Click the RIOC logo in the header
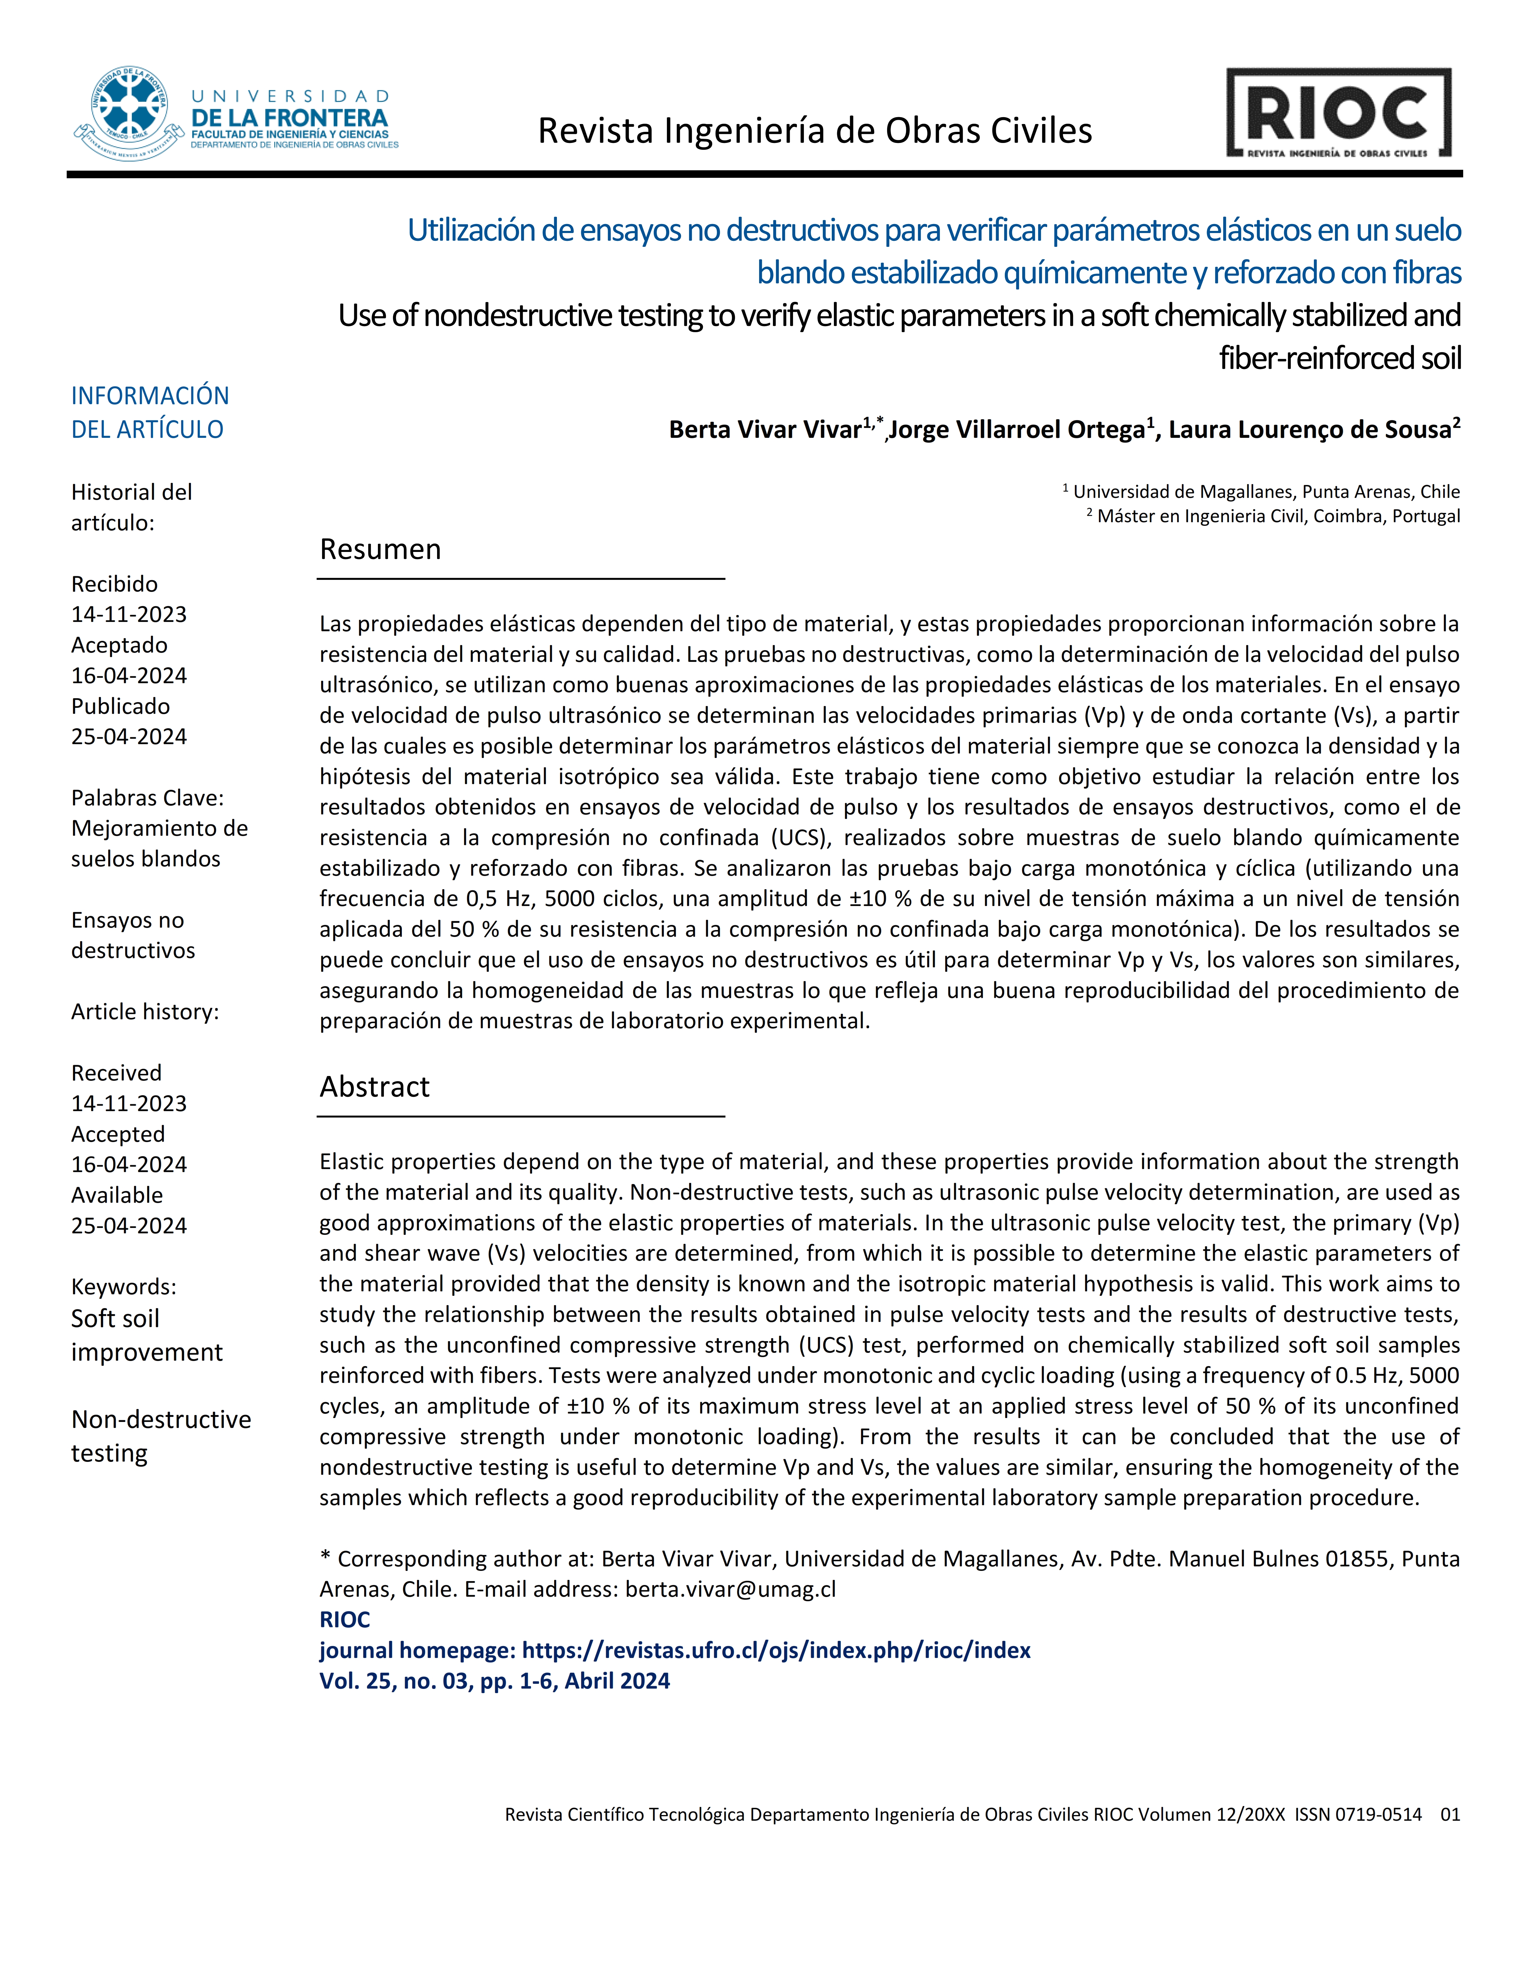1339,114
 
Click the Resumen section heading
380,549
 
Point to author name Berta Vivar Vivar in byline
764,429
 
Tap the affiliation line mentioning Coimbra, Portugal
1278,517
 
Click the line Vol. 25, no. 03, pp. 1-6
495,1681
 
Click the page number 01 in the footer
1449,1814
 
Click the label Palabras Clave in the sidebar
147,798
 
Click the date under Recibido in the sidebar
129,614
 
